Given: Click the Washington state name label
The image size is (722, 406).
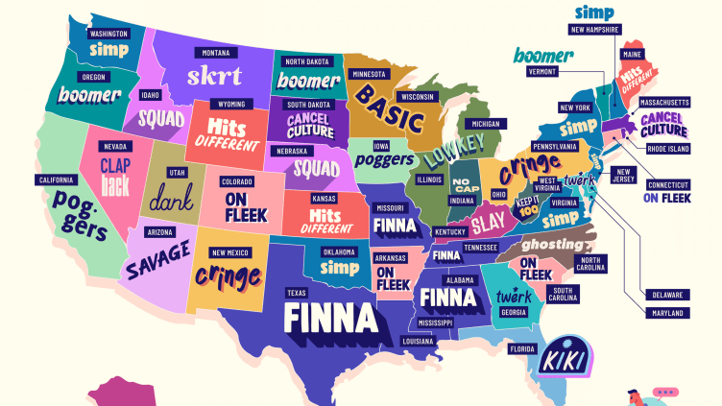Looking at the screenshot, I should (108, 33).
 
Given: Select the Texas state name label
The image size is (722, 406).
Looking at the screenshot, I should (296, 292).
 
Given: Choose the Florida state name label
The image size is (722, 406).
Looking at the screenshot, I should (522, 348).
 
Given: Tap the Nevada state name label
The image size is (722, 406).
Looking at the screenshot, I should (115, 145).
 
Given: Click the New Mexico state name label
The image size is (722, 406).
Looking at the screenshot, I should (229, 252).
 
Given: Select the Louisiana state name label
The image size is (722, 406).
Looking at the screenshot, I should (417, 341).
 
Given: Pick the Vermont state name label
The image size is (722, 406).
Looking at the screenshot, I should (542, 72).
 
